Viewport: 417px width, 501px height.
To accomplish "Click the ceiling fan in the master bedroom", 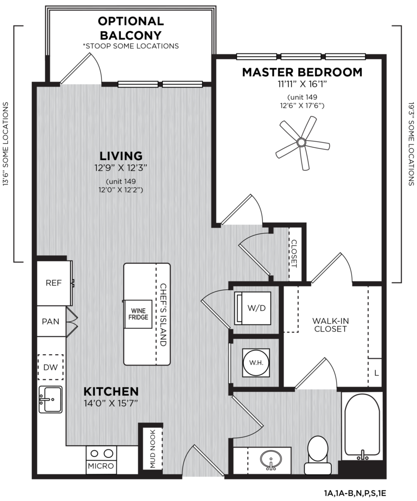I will click(301, 142).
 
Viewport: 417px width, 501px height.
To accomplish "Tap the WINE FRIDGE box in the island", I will click(136, 314).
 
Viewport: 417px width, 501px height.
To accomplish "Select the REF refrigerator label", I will click(53, 283).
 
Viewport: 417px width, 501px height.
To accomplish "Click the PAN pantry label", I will click(51, 321).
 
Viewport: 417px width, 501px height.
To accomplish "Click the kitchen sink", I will click(50, 399).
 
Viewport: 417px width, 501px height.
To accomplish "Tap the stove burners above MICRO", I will click(101, 453).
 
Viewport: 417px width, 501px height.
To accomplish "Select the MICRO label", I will click(101, 466).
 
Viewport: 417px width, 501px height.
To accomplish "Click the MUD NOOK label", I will click(152, 449).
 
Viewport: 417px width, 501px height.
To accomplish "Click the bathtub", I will click(362, 426).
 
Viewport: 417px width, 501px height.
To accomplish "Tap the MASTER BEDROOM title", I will click(302, 72).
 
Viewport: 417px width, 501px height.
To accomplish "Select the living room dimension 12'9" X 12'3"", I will click(120, 168).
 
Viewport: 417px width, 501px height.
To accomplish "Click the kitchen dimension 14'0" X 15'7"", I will click(111, 403).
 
